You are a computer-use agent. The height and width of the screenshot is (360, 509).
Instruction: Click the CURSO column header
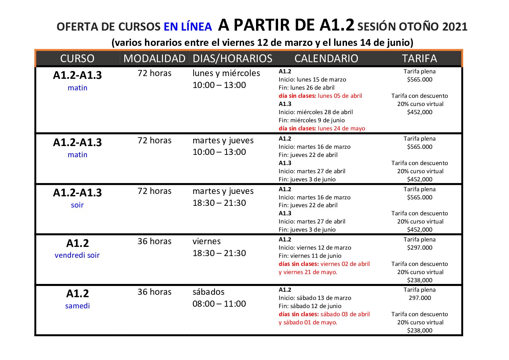click(77, 58)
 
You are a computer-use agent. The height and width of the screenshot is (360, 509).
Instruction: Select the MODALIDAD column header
click(154, 58)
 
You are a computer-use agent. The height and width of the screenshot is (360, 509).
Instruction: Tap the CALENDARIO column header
click(326, 58)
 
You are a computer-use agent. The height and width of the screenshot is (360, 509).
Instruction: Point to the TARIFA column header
click(419, 58)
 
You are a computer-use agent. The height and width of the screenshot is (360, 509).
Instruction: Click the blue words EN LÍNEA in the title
click(188, 27)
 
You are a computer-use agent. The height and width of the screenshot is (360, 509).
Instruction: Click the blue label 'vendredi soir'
click(77, 255)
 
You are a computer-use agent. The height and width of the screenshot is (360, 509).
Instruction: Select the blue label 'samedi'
click(77, 306)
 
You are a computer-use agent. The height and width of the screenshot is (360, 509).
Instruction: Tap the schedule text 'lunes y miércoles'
click(226, 73)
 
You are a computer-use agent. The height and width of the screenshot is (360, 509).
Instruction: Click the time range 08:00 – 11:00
click(219, 304)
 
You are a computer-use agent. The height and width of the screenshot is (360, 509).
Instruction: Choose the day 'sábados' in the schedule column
click(208, 292)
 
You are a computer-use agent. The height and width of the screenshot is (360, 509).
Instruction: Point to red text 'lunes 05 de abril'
click(340, 96)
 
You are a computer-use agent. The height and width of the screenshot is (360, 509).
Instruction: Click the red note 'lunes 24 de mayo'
click(341, 128)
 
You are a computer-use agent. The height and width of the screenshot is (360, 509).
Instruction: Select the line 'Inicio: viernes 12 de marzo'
click(315, 248)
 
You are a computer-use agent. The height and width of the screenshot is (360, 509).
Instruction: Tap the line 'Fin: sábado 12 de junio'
click(310, 306)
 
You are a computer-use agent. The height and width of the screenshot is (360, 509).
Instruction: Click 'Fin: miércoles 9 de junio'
click(311, 120)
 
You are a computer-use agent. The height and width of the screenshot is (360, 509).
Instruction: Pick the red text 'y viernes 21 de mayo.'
click(308, 272)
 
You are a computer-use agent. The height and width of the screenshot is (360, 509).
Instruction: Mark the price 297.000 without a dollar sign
click(420, 298)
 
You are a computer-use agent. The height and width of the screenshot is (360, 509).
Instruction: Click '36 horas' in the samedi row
click(154, 292)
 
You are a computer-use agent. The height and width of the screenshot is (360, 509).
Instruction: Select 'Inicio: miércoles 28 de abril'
click(315, 112)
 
